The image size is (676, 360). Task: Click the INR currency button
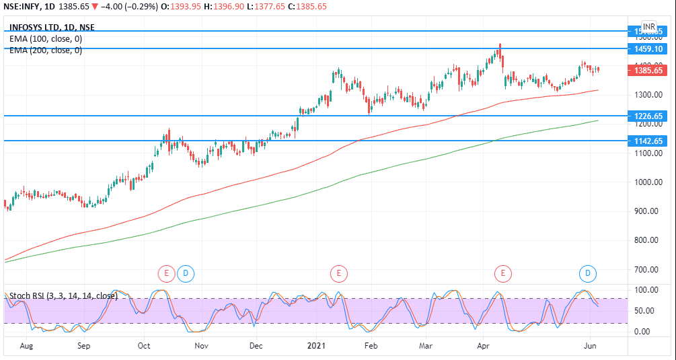click(x=648, y=27)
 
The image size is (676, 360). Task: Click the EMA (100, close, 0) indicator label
click(x=46, y=39)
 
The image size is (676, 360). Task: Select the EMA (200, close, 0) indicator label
click(x=46, y=50)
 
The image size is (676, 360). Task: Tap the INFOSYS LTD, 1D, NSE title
click(x=52, y=28)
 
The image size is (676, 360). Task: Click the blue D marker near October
click(x=186, y=273)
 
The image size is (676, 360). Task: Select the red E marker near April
click(x=502, y=273)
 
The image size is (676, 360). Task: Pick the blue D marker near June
click(x=588, y=273)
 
